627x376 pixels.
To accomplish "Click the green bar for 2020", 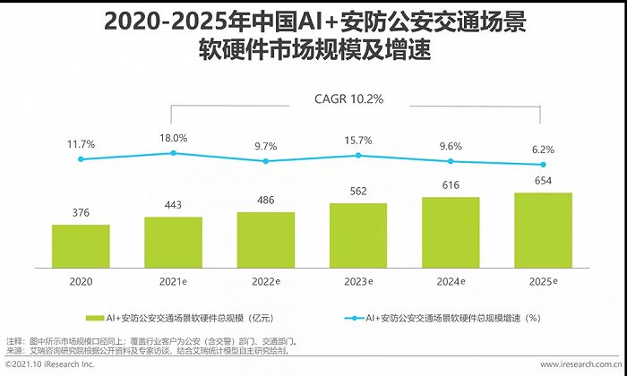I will pyautogui.click(x=81, y=245).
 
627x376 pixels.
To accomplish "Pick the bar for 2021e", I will pyautogui.click(x=173, y=242).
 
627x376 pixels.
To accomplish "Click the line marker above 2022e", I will pyautogui.click(x=266, y=161).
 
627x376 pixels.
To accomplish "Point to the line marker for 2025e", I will pyautogui.click(x=543, y=164).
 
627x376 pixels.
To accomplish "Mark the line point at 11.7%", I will pyautogui.click(x=81, y=159).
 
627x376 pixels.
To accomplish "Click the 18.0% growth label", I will pyautogui.click(x=173, y=138).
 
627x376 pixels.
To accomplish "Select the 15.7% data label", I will pyautogui.click(x=358, y=140).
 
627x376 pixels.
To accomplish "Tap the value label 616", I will pyautogui.click(x=451, y=185).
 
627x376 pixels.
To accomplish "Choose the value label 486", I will pyautogui.click(x=266, y=200).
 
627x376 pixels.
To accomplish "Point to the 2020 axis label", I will pyautogui.click(x=81, y=281).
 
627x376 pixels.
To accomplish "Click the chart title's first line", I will pyautogui.click(x=313, y=20).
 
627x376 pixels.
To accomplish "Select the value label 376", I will pyautogui.click(x=81, y=211).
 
